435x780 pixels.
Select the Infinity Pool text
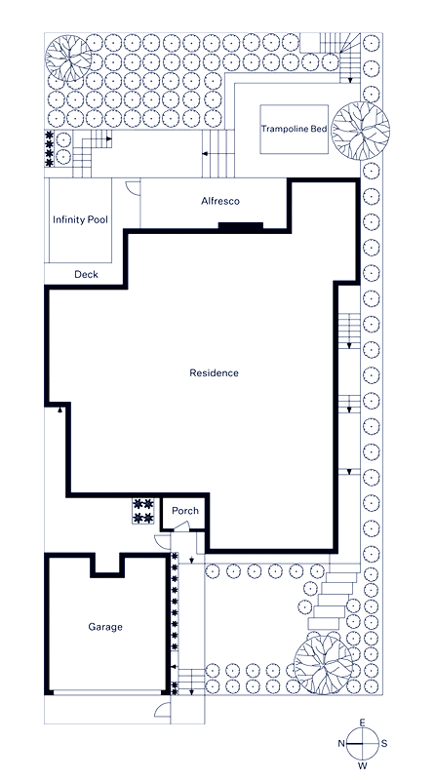(79, 220)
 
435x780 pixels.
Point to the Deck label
(86, 275)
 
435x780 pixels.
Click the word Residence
(214, 372)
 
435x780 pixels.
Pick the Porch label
(184, 511)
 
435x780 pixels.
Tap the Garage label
(104, 627)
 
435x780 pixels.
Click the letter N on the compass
(341, 743)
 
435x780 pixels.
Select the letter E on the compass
(363, 722)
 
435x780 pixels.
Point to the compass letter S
(384, 743)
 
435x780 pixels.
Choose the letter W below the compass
(363, 765)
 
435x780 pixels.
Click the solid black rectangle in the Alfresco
(240, 227)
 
